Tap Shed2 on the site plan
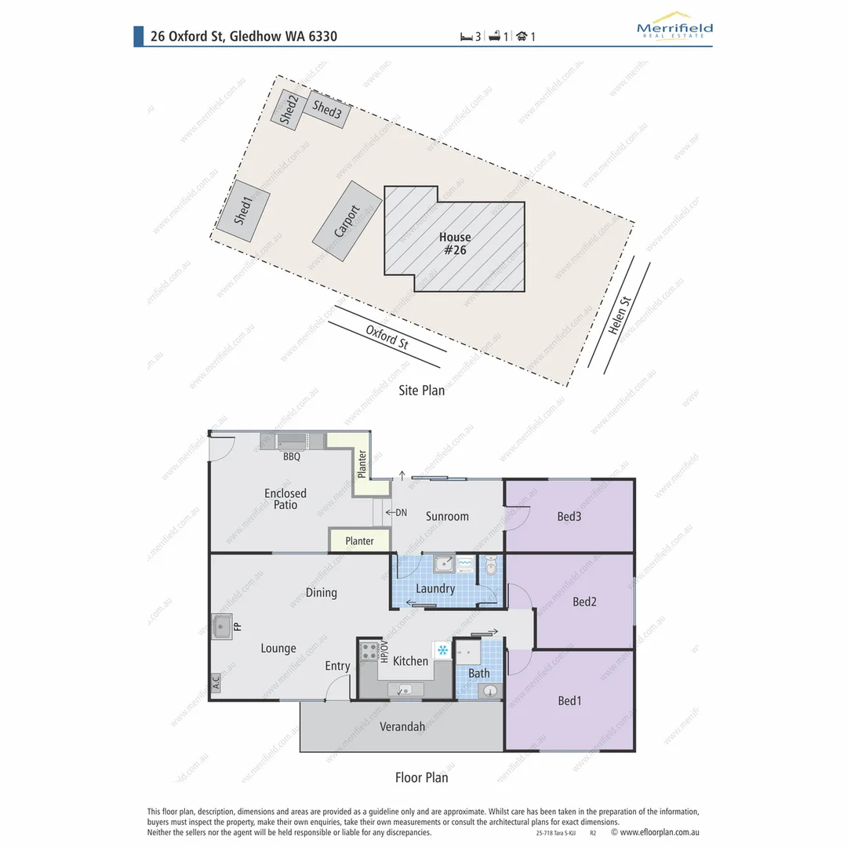[287, 109]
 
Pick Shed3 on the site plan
[325, 110]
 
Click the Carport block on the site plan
[347, 221]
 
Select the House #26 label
[455, 243]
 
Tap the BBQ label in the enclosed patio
[292, 456]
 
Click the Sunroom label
[447, 516]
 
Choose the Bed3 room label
[569, 516]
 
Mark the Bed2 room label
[584, 602]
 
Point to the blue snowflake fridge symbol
[442, 650]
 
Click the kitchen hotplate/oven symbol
[369, 651]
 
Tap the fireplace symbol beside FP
[220, 627]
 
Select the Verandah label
[402, 727]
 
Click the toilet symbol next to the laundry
[491, 564]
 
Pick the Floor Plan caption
[422, 777]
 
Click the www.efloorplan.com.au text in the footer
[659, 832]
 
